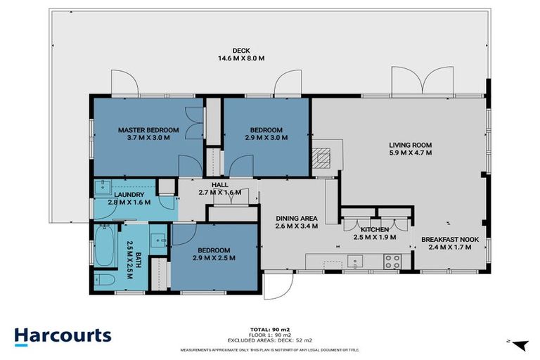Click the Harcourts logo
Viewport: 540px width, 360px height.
(x=63, y=335)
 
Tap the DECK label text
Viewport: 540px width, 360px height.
(x=241, y=50)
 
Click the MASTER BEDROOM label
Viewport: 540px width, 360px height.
(x=148, y=130)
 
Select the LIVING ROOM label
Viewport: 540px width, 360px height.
(x=411, y=146)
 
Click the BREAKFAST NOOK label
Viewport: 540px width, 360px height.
(x=450, y=240)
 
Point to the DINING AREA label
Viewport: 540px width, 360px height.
(x=296, y=218)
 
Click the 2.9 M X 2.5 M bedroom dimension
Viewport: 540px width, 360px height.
(x=214, y=258)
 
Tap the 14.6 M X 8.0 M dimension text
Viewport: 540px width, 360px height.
(x=241, y=58)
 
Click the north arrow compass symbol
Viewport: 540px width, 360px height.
(x=520, y=344)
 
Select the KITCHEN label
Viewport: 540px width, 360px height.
(x=375, y=230)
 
